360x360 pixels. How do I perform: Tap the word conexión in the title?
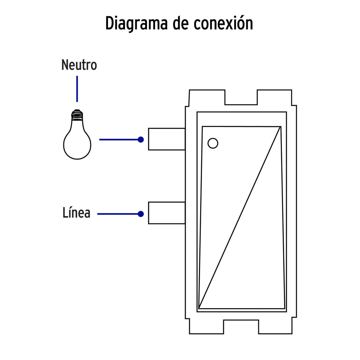(224, 23)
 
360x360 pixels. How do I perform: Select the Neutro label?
(79, 66)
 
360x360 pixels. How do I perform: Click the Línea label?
(77, 213)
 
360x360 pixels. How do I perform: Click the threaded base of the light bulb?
(77, 113)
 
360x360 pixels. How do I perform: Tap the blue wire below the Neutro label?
(77, 89)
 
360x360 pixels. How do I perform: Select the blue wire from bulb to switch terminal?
(119, 139)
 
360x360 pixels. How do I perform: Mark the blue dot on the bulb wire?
(141, 139)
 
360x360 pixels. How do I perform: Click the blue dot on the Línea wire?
(141, 214)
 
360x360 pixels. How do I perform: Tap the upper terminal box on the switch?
(166, 139)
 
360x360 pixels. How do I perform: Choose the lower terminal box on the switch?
(166, 213)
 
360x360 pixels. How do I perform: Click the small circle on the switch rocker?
(213, 143)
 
